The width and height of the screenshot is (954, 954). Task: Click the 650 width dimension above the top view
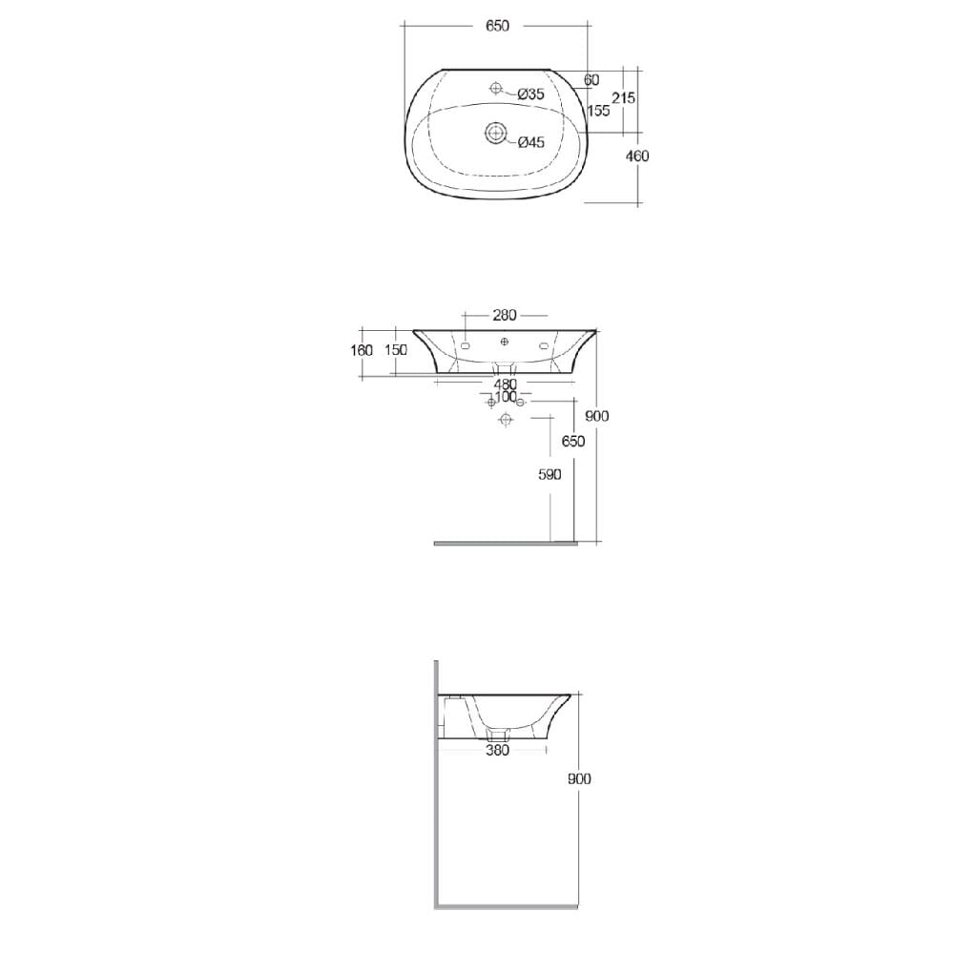point(497,26)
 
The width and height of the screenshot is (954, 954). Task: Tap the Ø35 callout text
point(530,93)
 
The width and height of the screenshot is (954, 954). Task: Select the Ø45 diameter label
point(530,143)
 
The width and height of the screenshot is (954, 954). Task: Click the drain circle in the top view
point(497,132)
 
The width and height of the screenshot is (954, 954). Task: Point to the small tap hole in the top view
point(495,89)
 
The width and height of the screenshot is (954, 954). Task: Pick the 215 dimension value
point(624,98)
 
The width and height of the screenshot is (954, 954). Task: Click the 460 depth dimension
point(636,156)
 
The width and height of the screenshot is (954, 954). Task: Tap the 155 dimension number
point(598,111)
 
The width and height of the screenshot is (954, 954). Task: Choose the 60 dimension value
point(591,80)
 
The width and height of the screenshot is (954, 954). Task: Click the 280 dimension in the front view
point(505,314)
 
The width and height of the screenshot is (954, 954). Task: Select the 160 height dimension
point(362,350)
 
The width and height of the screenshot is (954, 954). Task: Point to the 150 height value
point(395,350)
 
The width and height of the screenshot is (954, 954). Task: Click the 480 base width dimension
point(505,384)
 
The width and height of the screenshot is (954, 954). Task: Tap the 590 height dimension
point(550,474)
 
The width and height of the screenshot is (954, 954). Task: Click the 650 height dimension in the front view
point(573,441)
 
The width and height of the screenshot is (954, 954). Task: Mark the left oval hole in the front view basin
point(466,346)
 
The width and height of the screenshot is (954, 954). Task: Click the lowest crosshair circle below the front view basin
point(506,421)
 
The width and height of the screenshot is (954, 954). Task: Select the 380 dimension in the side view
point(497,750)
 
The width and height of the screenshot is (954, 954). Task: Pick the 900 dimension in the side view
point(579,778)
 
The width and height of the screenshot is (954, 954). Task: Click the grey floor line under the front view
point(506,543)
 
